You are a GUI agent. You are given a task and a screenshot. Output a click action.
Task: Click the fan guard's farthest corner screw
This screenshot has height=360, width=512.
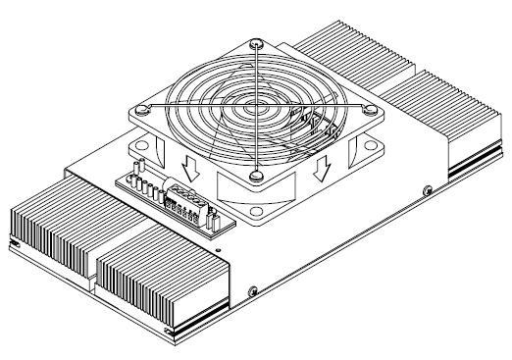254,43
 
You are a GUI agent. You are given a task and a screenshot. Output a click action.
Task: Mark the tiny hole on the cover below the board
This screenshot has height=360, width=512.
218,249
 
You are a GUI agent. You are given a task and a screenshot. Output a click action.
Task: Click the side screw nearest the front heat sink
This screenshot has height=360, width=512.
254,291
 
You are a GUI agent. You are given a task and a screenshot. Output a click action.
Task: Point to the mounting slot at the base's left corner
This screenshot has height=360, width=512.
15,241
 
